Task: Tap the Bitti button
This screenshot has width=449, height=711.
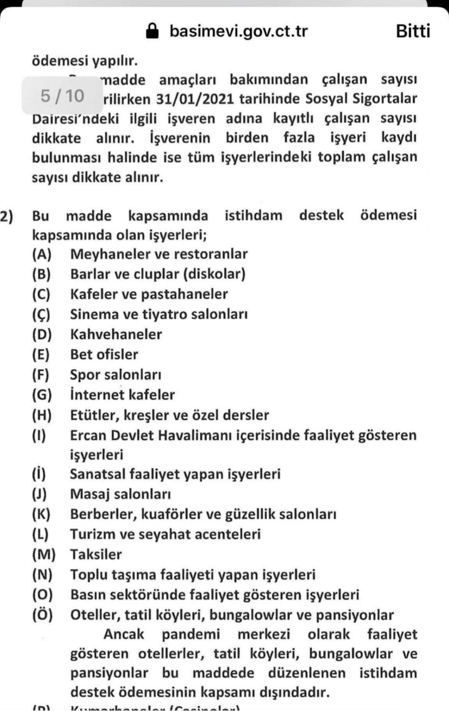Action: click(x=413, y=31)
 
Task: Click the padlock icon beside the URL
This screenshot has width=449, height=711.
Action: click(x=153, y=31)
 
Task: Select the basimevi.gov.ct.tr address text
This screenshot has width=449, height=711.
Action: click(x=238, y=31)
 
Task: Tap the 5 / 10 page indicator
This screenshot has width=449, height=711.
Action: click(x=62, y=96)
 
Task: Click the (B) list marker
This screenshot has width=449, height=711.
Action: click(x=42, y=274)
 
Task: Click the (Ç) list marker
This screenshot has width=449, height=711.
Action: click(x=42, y=314)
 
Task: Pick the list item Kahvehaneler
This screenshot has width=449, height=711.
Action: click(x=116, y=334)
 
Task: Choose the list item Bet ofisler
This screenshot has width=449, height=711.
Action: click(x=104, y=354)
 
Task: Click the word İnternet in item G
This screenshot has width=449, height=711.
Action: click(x=97, y=395)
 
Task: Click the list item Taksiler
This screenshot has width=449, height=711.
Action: click(x=96, y=555)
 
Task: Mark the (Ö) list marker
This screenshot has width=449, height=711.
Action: click(x=42, y=615)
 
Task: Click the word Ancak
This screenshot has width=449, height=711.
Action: click(x=123, y=634)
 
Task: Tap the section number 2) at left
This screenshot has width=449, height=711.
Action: click(x=7, y=216)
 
